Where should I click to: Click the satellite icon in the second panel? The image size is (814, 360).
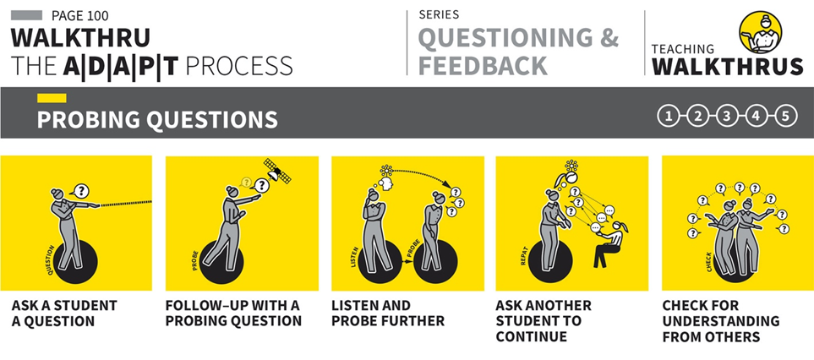[x=277, y=171]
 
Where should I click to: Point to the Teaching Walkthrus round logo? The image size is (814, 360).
[x=760, y=32]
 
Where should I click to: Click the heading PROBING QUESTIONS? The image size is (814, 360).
[x=157, y=120]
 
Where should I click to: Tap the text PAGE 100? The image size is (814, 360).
[x=80, y=15]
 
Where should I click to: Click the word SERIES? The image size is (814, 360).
[x=439, y=15]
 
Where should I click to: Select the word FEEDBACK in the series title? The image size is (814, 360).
[x=483, y=65]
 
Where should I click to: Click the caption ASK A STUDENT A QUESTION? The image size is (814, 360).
[x=64, y=314]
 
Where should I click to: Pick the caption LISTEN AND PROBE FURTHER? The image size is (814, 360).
[x=388, y=314]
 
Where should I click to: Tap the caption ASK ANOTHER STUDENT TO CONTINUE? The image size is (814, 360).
[x=543, y=320]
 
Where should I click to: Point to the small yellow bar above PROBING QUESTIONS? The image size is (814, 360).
[x=52, y=98]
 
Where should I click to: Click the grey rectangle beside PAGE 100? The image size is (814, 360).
[x=26, y=15]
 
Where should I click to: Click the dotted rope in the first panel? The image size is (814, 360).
[x=125, y=204]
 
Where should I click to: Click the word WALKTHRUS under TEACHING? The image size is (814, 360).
[x=727, y=67]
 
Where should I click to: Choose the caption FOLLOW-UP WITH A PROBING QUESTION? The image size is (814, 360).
[x=233, y=314]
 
